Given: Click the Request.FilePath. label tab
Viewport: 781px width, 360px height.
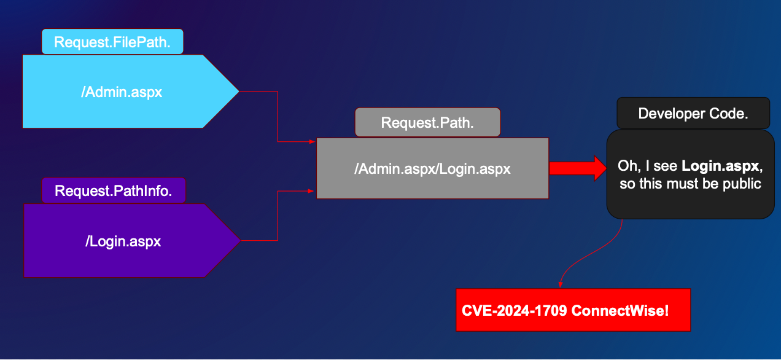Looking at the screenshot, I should pyautogui.click(x=112, y=42).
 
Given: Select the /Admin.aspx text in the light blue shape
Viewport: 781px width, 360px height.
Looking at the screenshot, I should pyautogui.click(x=122, y=92).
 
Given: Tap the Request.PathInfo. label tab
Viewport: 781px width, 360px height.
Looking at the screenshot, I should pyautogui.click(x=113, y=190).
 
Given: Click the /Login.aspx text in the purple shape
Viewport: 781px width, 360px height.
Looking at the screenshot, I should pyautogui.click(x=123, y=241).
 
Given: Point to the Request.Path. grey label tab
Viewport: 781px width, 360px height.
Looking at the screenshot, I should pyautogui.click(x=427, y=122).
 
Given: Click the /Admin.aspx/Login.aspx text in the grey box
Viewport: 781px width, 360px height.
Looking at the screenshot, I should pyautogui.click(x=432, y=168).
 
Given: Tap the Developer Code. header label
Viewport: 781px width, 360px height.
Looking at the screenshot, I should pyautogui.click(x=693, y=114).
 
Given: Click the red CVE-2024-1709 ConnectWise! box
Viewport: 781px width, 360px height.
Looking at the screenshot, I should pyautogui.click(x=573, y=310).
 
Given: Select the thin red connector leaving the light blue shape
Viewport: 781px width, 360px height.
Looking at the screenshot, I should pyautogui.click(x=278, y=117).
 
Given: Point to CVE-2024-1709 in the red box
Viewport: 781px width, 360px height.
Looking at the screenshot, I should pyautogui.click(x=515, y=311).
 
